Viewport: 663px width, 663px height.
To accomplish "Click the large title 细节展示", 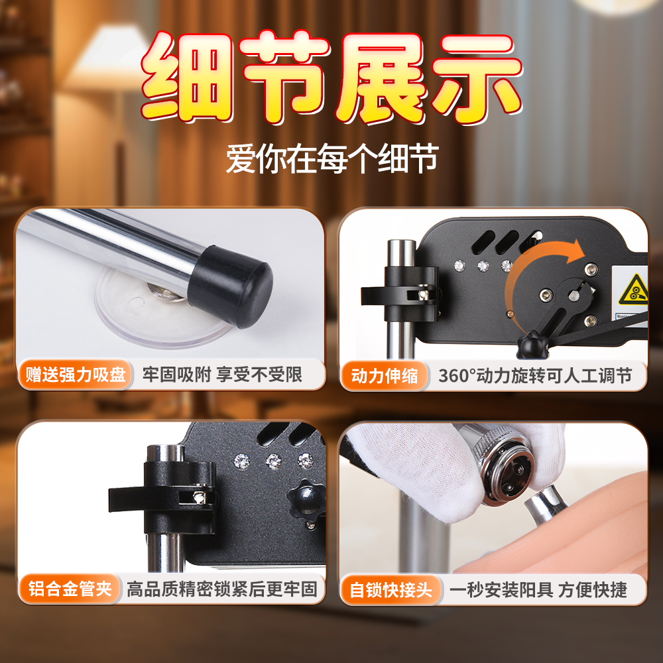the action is [331, 78].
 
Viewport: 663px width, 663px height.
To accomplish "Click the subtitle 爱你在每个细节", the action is [332, 158].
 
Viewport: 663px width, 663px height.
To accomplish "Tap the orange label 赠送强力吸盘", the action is [76, 375].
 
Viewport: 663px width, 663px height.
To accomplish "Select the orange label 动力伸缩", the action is [385, 375].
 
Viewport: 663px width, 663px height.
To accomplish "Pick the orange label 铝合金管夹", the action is [70, 589].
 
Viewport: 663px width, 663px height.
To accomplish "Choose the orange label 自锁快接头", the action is [391, 590].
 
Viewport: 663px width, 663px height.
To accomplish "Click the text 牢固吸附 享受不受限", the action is [222, 375].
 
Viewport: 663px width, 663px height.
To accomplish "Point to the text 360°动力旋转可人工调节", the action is [535, 375].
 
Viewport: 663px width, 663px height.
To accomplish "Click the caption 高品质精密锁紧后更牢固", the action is [222, 589].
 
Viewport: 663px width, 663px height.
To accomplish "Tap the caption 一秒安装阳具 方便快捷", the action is [538, 590].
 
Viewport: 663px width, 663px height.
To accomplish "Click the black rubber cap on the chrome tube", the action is [231, 286].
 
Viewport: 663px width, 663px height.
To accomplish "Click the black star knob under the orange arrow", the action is [532, 345].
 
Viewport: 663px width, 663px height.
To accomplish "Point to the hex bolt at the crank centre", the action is [573, 296].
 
